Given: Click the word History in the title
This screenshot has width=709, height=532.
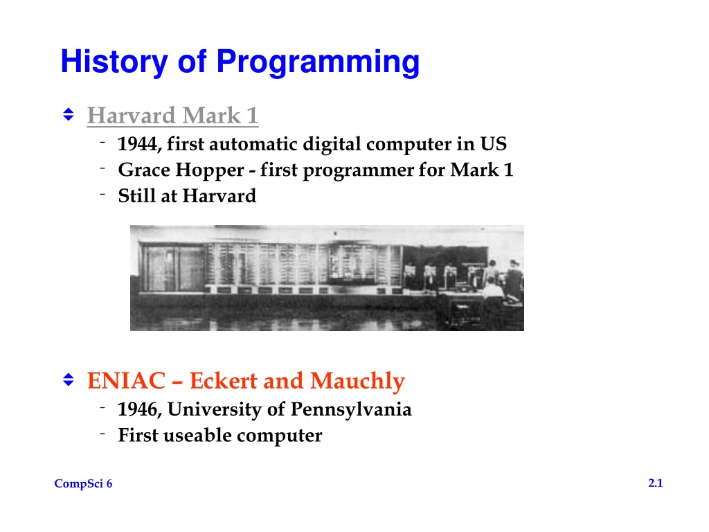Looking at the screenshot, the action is point(114,62).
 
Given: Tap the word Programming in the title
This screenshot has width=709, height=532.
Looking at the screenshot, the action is point(318,62).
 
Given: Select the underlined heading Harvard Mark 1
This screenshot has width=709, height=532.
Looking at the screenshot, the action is point(172,116).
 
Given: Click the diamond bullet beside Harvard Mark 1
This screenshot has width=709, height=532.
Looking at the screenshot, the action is point(69,114).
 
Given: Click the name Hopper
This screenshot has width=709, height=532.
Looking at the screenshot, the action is point(210,170).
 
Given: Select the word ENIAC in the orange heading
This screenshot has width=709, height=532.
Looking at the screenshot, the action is point(127,380).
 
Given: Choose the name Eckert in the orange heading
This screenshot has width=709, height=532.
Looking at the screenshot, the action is point(224,380).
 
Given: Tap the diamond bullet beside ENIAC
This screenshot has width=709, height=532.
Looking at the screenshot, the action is point(69,380).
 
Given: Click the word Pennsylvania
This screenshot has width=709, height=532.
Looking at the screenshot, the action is point(351,409).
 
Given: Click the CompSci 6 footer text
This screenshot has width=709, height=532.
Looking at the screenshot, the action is point(83,484).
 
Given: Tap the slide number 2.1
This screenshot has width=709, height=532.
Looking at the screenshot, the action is point(656,483).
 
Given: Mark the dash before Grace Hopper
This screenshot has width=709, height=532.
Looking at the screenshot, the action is point(102,169).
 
